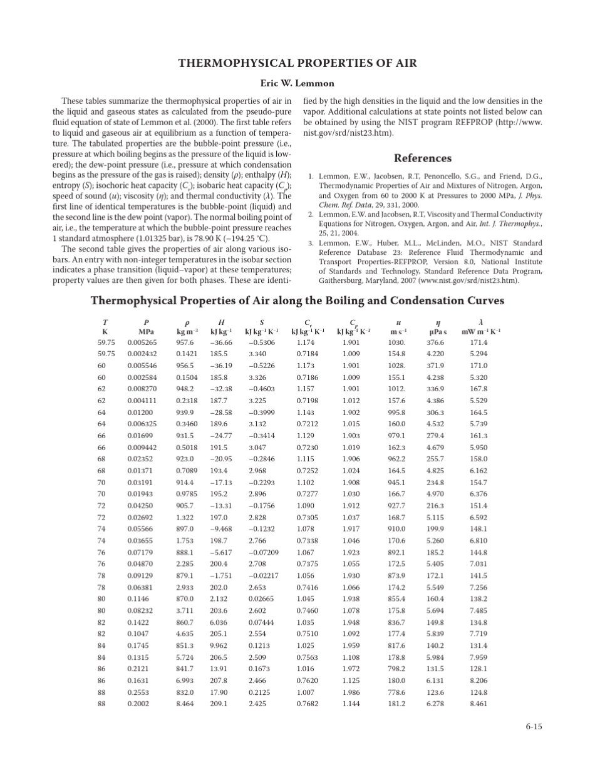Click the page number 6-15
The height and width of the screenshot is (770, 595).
pyautogui.click(x=534, y=726)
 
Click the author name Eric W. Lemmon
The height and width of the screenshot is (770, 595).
pyautogui.click(x=297, y=83)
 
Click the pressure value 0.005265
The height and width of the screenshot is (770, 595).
pyautogui.click(x=142, y=342)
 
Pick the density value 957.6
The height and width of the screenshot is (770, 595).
pyautogui.click(x=185, y=342)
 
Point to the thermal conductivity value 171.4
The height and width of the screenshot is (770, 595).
pyautogui.click(x=479, y=342)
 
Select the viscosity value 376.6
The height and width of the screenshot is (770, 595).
pyautogui.click(x=435, y=342)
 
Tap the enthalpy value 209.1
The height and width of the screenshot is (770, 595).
pyautogui.click(x=219, y=704)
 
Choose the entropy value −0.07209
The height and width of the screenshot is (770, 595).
pyautogui.click(x=264, y=552)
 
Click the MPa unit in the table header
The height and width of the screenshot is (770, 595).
pyautogui.click(x=146, y=332)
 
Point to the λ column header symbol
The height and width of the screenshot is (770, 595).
pyautogui.click(x=480, y=322)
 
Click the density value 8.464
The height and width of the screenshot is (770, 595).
pyautogui.click(x=185, y=704)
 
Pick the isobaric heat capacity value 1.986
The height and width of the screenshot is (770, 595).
pyautogui.click(x=351, y=692)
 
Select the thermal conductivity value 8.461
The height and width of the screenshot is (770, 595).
pyautogui.click(x=479, y=704)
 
